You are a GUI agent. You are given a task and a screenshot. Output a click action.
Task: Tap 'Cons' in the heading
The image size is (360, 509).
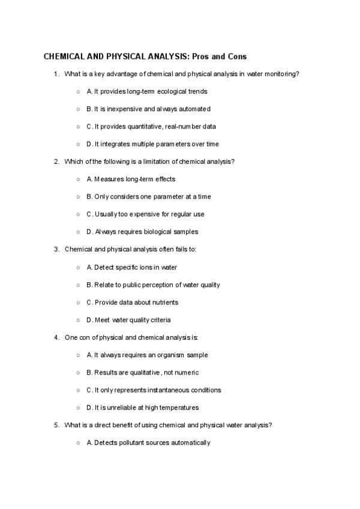pos(235,56)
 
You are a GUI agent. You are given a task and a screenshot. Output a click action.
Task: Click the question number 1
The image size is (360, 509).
pos(56,74)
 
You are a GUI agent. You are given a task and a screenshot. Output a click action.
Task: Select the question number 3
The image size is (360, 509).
pos(56,249)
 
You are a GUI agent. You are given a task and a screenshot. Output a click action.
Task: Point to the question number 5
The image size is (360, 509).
pos(56,425)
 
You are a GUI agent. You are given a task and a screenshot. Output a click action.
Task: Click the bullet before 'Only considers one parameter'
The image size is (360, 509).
pos(79,197)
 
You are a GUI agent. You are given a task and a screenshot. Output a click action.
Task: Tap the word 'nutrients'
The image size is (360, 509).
pos(164,302)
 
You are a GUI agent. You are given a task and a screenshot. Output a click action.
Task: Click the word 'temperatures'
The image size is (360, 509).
pos(179,408)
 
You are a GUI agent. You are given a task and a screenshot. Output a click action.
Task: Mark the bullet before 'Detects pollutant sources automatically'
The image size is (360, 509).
pos(79,443)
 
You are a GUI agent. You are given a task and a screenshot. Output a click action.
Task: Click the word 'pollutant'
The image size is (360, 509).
pos(130,443)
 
